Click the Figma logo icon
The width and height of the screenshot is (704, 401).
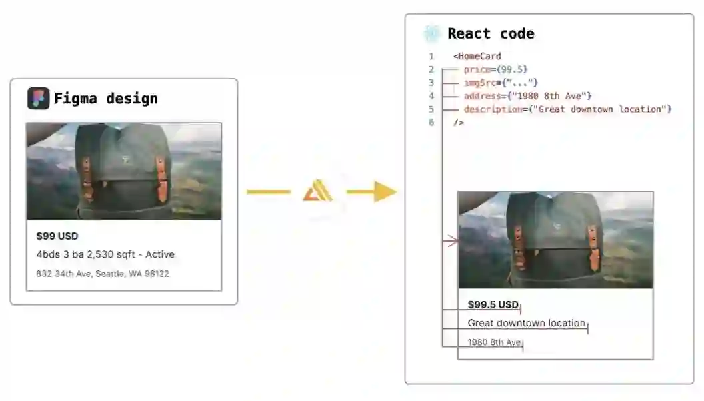click(x=38, y=99)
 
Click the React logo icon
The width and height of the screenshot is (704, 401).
click(x=431, y=33)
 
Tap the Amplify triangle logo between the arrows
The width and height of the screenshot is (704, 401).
click(x=318, y=192)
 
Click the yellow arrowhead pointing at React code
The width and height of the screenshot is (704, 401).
click(x=385, y=192)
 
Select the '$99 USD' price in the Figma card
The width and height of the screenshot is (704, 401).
click(x=57, y=236)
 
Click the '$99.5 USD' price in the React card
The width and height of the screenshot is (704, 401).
click(x=493, y=305)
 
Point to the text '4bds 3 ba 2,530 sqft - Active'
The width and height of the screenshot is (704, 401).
click(x=105, y=254)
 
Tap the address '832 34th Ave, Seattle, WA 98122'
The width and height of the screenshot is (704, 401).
click(x=103, y=274)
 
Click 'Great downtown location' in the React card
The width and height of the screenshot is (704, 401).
click(x=526, y=323)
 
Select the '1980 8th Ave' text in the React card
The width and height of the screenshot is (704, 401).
click(x=494, y=342)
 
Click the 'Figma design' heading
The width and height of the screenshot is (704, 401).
click(x=106, y=99)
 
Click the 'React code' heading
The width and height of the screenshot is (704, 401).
click(x=491, y=33)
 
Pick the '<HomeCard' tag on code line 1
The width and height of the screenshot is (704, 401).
click(x=477, y=56)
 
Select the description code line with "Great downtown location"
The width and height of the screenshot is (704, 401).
click(x=567, y=109)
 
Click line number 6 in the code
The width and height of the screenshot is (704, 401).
click(x=431, y=123)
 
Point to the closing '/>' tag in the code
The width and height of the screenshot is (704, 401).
click(x=458, y=123)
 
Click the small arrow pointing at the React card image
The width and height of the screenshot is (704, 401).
click(x=451, y=241)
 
